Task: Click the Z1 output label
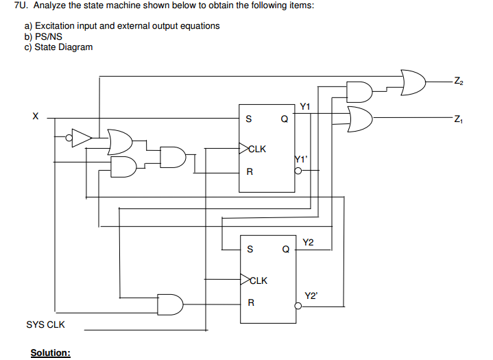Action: pyautogui.click(x=459, y=119)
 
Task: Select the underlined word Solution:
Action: pyautogui.click(x=50, y=352)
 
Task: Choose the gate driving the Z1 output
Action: pyautogui.click(x=360, y=118)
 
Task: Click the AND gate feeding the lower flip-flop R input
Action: pyautogui.click(x=170, y=302)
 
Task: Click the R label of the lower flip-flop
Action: pyautogui.click(x=251, y=302)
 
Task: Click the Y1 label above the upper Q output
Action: pyautogui.click(x=305, y=106)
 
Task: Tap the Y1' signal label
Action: pyautogui.click(x=301, y=159)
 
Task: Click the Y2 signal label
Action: pyautogui.click(x=308, y=242)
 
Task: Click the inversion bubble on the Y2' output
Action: pyautogui.click(x=298, y=307)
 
